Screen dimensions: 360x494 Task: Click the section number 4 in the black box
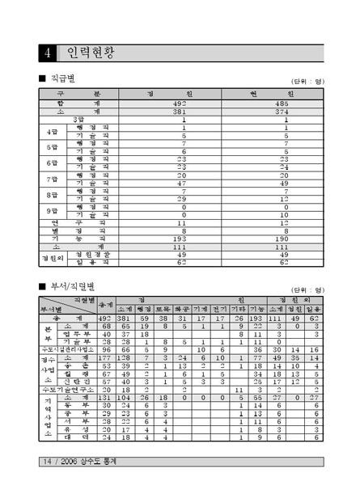pos(49,54)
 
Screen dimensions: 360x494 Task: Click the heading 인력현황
pos(91,54)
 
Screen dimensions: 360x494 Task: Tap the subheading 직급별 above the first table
pos(61,78)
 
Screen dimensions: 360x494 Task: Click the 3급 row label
pos(78,120)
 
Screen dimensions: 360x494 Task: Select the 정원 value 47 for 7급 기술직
pos(184,184)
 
